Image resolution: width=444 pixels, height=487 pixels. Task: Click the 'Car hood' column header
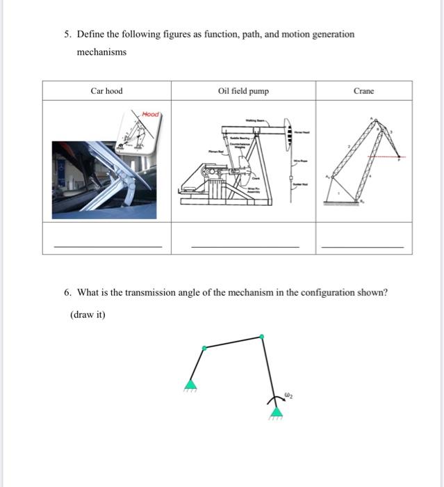(106, 91)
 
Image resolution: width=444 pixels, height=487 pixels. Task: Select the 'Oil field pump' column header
(242, 91)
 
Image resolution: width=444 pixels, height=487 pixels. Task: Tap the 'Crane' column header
(363, 91)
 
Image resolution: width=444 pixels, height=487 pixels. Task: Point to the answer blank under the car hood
(108, 246)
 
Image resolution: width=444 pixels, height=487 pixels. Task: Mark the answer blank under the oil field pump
(245, 246)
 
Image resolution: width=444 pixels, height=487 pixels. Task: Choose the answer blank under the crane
(362, 246)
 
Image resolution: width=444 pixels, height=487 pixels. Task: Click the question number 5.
(66, 34)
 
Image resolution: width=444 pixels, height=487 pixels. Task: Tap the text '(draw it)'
(88, 314)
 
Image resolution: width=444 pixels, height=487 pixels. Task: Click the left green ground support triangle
(190, 384)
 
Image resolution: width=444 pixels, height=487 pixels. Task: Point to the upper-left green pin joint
(203, 347)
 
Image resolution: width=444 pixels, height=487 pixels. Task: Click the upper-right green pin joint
(262, 337)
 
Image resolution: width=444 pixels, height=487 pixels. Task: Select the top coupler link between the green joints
(233, 342)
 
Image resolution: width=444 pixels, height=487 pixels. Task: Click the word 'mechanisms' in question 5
(101, 52)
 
